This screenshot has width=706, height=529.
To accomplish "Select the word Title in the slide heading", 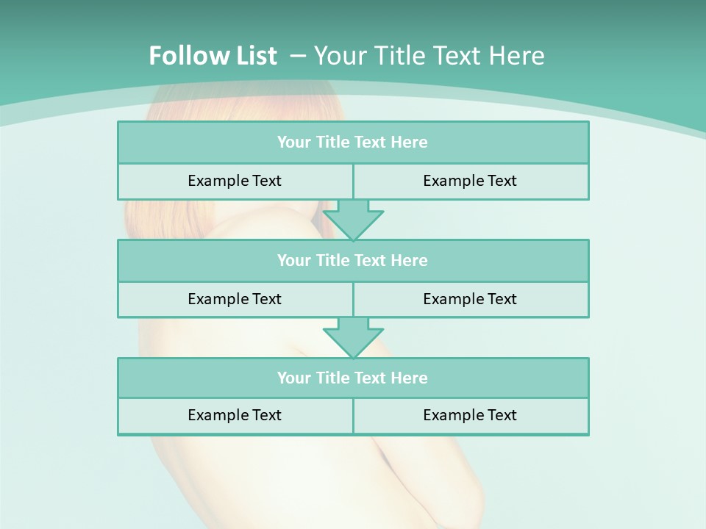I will point(399,56).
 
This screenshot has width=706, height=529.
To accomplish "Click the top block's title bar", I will point(352,143).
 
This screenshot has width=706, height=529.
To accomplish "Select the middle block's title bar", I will point(352,261).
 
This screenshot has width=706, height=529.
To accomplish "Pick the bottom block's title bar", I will point(352,378).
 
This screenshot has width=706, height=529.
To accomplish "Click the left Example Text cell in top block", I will point(235,181).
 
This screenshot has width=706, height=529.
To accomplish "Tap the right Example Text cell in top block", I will point(470,181).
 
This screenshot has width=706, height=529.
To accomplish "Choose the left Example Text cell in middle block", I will point(235,299).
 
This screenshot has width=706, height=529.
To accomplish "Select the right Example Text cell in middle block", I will point(470,299).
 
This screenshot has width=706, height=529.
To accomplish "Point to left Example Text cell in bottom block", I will point(235,415).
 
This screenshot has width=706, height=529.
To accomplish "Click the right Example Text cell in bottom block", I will point(470,415).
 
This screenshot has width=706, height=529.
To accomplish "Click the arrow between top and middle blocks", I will point(353,220).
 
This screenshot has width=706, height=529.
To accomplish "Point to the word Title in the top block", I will point(332,143).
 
